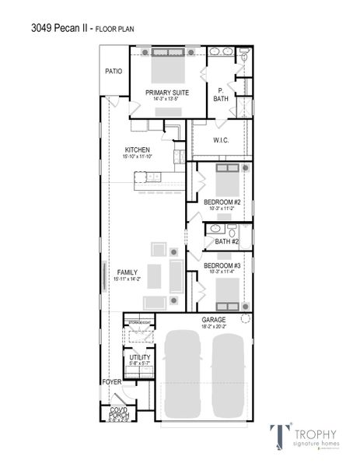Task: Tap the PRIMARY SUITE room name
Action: [x=166, y=92]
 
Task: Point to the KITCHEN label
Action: [x=138, y=149]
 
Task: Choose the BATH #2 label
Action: [x=226, y=241]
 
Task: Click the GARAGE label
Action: [x=214, y=319]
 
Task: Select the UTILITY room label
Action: [x=140, y=357]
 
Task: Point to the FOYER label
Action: [x=112, y=382]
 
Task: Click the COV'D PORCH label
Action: [x=119, y=413]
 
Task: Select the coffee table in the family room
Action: [x=154, y=276]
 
